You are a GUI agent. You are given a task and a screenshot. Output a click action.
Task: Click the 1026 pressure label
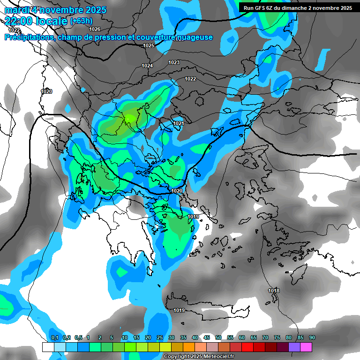(x=95, y=29)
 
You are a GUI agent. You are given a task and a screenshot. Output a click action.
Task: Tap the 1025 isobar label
(x=149, y=45)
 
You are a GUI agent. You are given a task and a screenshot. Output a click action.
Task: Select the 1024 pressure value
(x=147, y=66)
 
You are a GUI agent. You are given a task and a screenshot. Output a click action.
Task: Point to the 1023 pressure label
(x=174, y=62)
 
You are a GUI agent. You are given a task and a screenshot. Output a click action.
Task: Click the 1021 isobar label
(x=179, y=123)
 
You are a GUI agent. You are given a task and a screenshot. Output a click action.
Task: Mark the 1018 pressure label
(x=274, y=291)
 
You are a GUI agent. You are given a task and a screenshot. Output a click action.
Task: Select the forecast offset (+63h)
(x=81, y=21)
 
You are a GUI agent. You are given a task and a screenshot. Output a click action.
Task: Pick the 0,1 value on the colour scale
(x=54, y=338)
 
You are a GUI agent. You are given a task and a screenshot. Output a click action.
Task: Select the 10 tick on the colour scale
(x=125, y=338)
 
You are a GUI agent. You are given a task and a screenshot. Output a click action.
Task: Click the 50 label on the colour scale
(x=218, y=338)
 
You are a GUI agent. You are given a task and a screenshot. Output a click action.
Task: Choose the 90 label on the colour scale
(x=312, y=338)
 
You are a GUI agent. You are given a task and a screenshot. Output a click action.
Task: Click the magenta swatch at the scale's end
(x=306, y=347)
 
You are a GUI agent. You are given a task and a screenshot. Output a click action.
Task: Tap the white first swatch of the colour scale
(x=48, y=347)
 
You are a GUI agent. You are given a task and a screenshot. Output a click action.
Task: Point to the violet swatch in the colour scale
(x=294, y=347)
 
